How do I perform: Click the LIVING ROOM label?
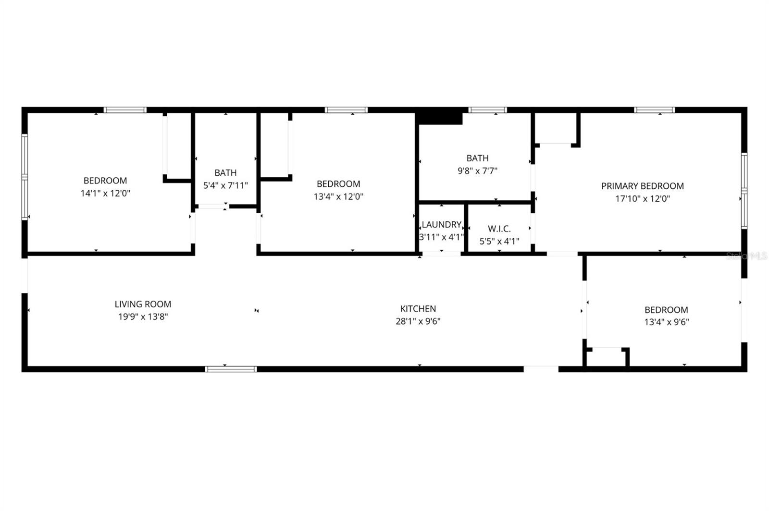click(x=143, y=304)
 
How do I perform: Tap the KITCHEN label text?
click(x=418, y=309)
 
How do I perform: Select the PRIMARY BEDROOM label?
click(x=642, y=186)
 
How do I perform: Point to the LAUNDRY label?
click(x=441, y=225)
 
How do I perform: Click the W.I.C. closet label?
click(x=499, y=229)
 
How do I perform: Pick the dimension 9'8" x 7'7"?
click(x=477, y=170)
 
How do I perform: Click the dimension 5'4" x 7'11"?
click(x=225, y=185)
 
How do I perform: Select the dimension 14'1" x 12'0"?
click(x=105, y=194)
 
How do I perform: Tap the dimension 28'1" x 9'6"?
click(x=418, y=321)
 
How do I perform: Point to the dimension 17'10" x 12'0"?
click(x=642, y=198)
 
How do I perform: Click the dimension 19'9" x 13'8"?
click(x=143, y=316)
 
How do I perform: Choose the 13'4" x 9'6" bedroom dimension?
click(x=666, y=322)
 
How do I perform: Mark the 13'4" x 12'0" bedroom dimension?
click(x=338, y=196)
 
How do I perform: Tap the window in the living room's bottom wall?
click(x=231, y=369)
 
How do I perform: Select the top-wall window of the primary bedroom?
click(x=654, y=110)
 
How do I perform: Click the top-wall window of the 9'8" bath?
click(x=487, y=110)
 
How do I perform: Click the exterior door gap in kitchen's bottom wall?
click(x=541, y=369)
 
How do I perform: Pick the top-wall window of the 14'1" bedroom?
click(x=125, y=110)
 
